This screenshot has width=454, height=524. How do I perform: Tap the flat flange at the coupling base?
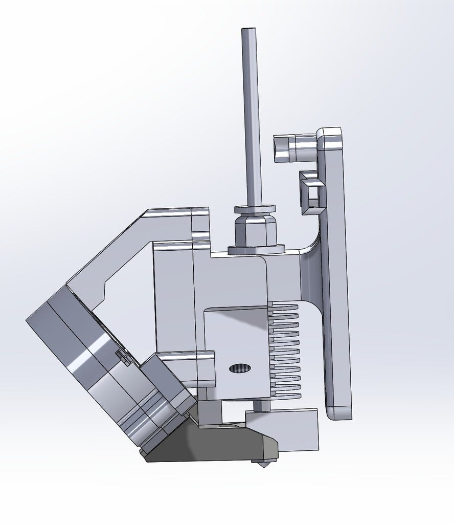tap(256, 250)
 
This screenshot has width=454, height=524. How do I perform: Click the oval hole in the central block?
tap(240, 368)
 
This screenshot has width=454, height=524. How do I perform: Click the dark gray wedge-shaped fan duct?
tap(215, 445)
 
